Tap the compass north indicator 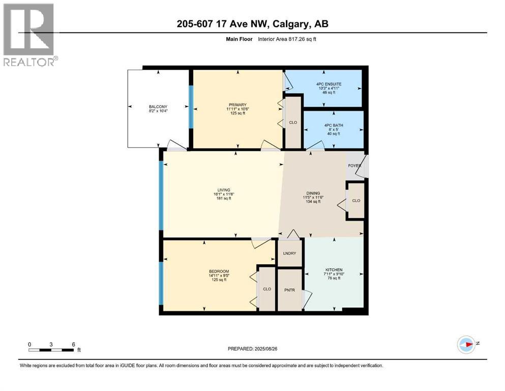(x=466, y=345)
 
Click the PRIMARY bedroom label (x=236, y=104)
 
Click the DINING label (x=313, y=193)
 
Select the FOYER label (x=354, y=165)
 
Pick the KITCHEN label (x=334, y=270)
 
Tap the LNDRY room (x=289, y=253)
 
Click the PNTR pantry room (x=289, y=289)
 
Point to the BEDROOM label (x=219, y=271)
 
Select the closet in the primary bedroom (x=293, y=123)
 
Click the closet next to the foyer (x=356, y=201)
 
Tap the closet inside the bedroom (x=267, y=289)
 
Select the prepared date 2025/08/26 (x=253, y=349)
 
